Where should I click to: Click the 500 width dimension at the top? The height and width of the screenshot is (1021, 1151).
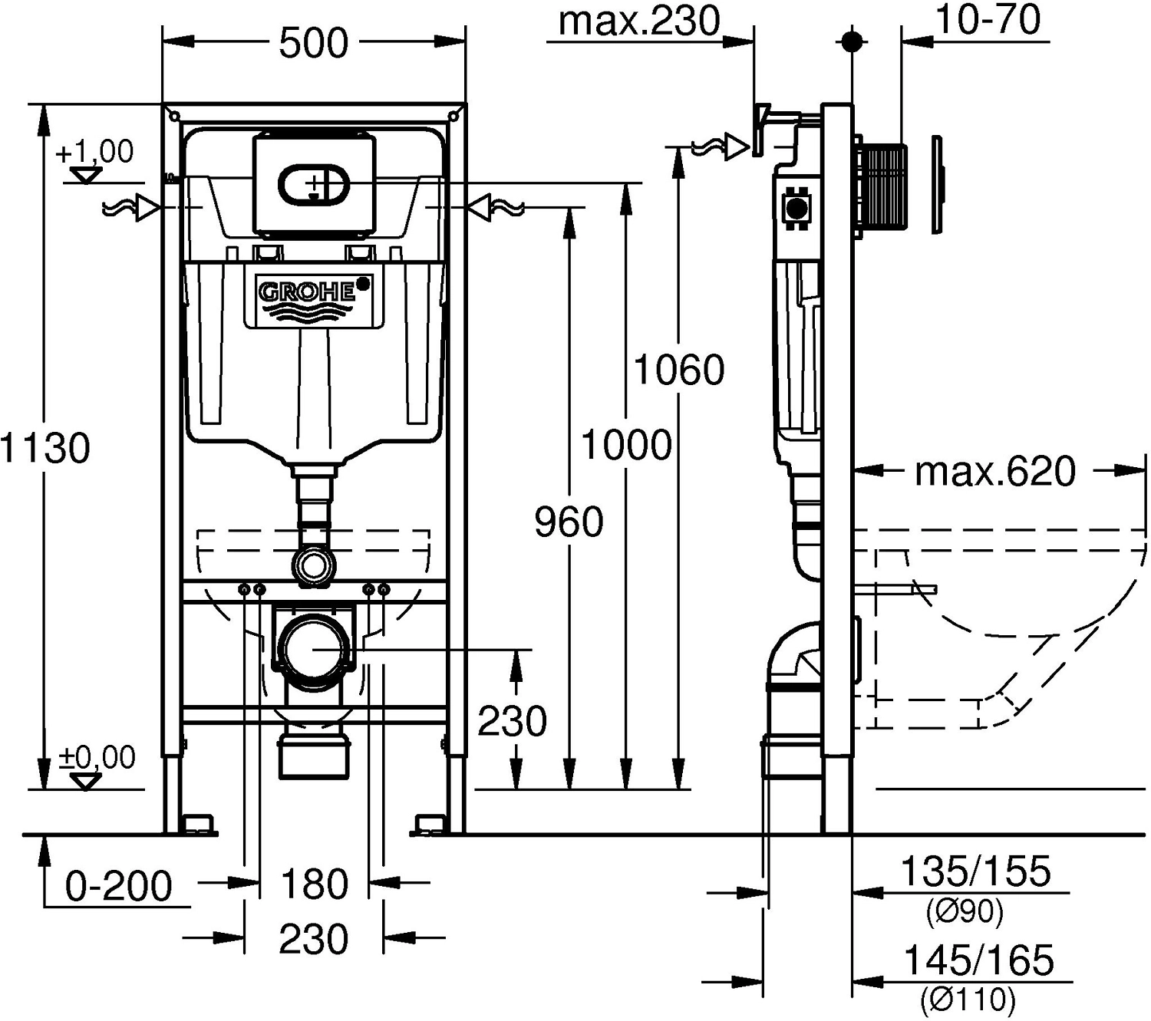coord(313,43)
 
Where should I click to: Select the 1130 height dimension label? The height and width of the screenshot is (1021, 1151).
coord(46,447)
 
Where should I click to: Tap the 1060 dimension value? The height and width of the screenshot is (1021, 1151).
coord(679,371)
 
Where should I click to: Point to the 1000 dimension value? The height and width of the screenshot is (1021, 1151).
coord(626,445)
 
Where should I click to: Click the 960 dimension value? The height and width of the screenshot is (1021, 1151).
coord(569,523)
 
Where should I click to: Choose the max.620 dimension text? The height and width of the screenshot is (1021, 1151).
coord(995,472)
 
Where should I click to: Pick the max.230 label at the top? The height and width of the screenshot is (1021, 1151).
coord(639,21)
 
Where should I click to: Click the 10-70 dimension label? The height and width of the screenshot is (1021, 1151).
coord(988,20)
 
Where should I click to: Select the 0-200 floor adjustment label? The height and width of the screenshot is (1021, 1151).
coord(119,887)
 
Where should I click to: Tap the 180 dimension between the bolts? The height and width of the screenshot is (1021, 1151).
coord(315,884)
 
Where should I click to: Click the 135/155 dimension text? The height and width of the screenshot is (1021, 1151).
coord(975,871)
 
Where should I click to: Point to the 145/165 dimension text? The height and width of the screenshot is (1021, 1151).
coord(978,960)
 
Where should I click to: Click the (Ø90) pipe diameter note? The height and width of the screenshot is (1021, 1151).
coord(965,912)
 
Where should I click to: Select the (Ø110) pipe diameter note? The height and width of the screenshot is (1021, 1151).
coord(968,1000)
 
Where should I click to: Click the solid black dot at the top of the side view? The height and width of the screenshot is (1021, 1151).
coord(852,41)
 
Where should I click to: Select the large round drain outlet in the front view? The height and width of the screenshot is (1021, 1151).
coord(314,648)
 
